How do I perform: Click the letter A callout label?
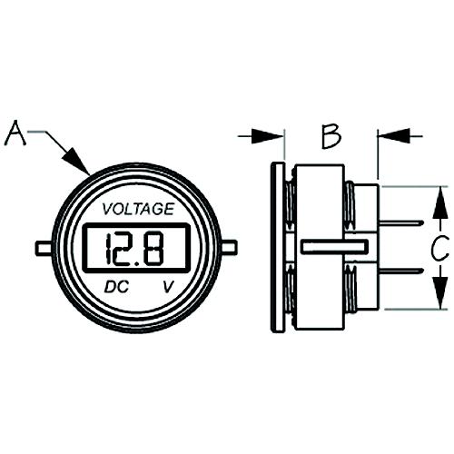coord(16,133)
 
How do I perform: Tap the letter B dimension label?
coord(331,136)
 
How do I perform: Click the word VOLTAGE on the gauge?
coord(138,209)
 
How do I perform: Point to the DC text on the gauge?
coord(114,287)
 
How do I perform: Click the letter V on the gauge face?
coord(167,287)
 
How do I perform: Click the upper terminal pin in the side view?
coord(400,223)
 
